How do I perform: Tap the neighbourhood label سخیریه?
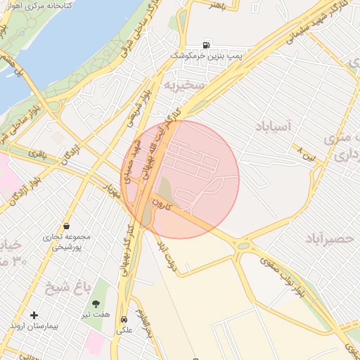pyautogui.click(x=184, y=84)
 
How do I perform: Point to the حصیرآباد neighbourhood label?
pyautogui.click(x=329, y=239)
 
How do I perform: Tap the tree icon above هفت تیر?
pyautogui.click(x=96, y=304)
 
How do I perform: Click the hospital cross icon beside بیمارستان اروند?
pyautogui.click(x=34, y=315)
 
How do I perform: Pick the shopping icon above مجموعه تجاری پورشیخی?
pyautogui.click(x=66, y=226)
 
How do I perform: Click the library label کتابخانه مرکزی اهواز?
pyautogui.click(x=47, y=14)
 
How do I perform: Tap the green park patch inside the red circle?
pyautogui.click(x=163, y=188)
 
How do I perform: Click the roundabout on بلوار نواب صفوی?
pyautogui.click(x=244, y=245)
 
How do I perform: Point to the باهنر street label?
pyautogui.click(x=219, y=5)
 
